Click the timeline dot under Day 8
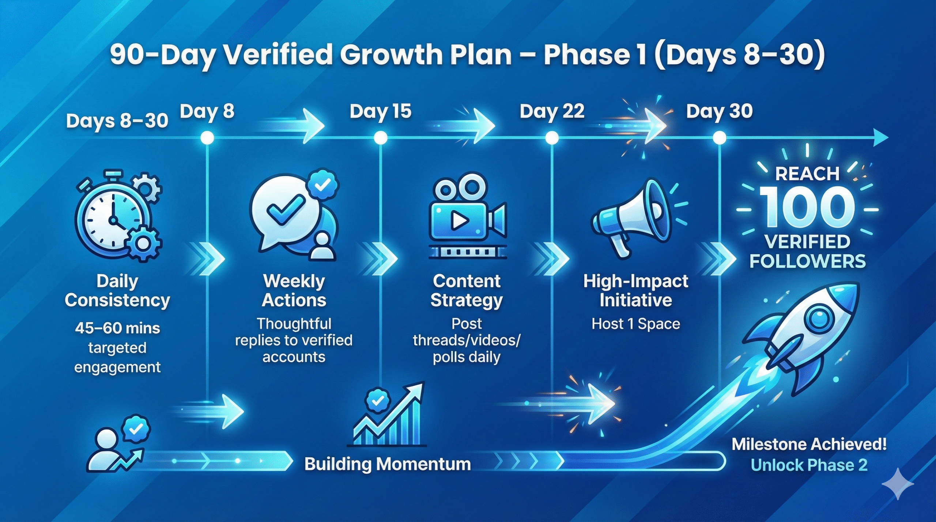(207, 138)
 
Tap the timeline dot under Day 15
(381, 138)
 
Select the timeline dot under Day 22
(552, 138)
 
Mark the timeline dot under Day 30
(720, 138)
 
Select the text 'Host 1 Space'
(636, 324)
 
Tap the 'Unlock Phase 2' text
(809, 465)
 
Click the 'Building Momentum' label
(388, 464)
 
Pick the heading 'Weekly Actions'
(294, 291)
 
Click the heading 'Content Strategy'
(467, 291)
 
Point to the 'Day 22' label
(552, 111)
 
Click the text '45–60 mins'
(117, 328)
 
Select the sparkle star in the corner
(898, 484)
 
